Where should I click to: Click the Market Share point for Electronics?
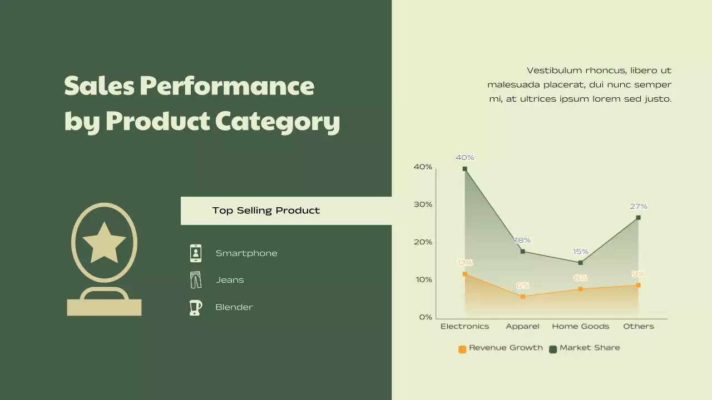pos(465,169)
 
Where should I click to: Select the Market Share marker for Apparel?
pos(523,252)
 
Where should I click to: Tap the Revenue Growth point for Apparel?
pos(523,297)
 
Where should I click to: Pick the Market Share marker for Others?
pos(638,218)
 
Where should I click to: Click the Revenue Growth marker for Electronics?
pos(465,274)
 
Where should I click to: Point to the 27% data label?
pos(638,207)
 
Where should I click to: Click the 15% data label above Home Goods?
pos(580,252)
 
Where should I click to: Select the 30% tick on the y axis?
pos(423,204)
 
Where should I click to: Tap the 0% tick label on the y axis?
pos(426,317)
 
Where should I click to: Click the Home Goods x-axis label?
pos(580,327)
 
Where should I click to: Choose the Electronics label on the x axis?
pos(464,327)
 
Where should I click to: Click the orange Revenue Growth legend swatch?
pos(462,349)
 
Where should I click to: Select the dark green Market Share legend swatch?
pos(553,349)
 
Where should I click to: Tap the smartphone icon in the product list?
pos(196,253)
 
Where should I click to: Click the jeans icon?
pos(196,280)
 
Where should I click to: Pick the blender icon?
pos(195,307)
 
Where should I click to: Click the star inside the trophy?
pos(104,242)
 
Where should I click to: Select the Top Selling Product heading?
pos(266,211)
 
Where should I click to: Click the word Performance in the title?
pos(227,86)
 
